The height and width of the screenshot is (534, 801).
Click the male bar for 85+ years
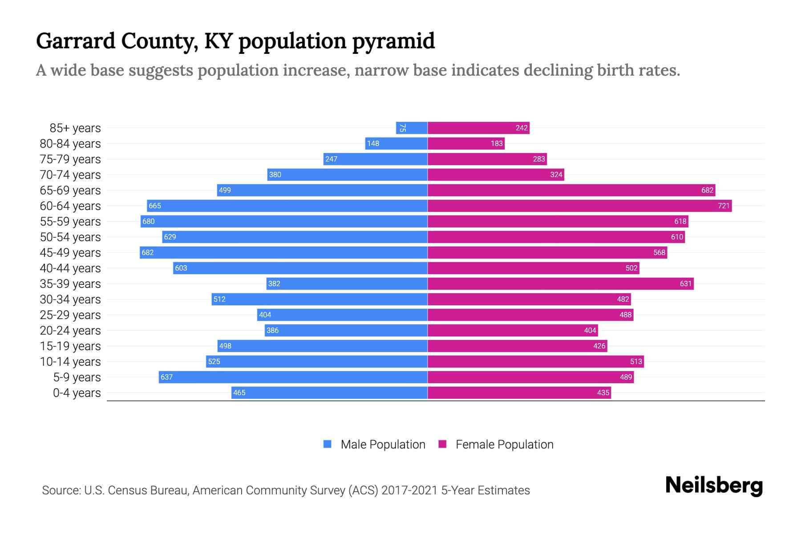(412, 128)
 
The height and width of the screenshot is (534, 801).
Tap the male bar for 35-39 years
(347, 284)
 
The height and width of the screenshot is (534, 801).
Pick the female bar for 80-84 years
(466, 144)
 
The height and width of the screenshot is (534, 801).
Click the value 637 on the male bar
(166, 377)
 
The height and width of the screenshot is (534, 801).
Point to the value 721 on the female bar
(724, 206)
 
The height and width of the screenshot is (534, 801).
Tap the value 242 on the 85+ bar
(522, 128)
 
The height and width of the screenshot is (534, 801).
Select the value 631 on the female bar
(686, 284)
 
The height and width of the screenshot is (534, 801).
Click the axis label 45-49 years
(70, 253)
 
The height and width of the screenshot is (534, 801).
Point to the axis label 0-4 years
(77, 393)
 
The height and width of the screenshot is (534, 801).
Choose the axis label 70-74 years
(70, 175)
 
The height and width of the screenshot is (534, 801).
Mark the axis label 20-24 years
(70, 331)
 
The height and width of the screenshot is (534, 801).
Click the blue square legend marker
(328, 444)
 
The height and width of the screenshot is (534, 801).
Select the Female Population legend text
(504, 445)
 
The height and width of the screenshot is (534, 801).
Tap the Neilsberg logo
(714, 485)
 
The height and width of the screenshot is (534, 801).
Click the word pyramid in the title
(393, 41)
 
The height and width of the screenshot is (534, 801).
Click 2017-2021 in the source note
(409, 490)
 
